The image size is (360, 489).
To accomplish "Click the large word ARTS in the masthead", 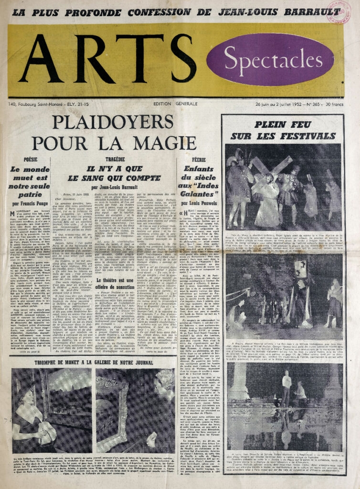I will point(107,58).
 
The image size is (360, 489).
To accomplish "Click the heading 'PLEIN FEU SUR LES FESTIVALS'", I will point(282,130).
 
